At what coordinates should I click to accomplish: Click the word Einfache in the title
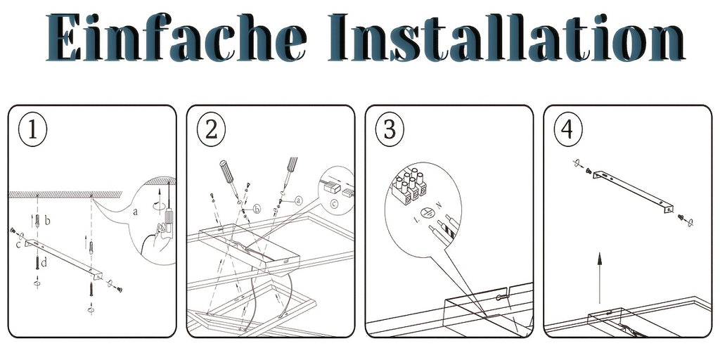pyautogui.click(x=176, y=38)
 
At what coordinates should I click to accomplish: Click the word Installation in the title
pyautogui.click(x=506, y=38)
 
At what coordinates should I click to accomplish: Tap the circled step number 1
pyautogui.click(x=32, y=130)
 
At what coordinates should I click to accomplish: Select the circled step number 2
pyautogui.click(x=211, y=130)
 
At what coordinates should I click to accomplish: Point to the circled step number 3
pyautogui.click(x=390, y=130)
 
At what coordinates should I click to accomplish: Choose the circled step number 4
pyautogui.click(x=568, y=130)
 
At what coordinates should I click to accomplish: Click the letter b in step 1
pyautogui.click(x=47, y=221)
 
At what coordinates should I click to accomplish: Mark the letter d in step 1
pyautogui.click(x=44, y=263)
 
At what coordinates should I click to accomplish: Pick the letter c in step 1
pyautogui.click(x=18, y=245)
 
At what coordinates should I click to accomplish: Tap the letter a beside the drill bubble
pyautogui.click(x=134, y=212)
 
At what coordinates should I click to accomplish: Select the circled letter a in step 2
pyautogui.click(x=299, y=200)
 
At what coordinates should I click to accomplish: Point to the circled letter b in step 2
pyautogui.click(x=257, y=210)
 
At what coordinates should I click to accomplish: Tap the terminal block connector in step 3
pyautogui.click(x=409, y=185)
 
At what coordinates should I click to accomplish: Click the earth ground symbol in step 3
pyautogui.click(x=428, y=212)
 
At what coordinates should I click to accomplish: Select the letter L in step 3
pyautogui.click(x=416, y=220)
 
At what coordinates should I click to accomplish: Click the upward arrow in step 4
pyautogui.click(x=599, y=278)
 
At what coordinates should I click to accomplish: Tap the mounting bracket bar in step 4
pyautogui.click(x=633, y=191)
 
